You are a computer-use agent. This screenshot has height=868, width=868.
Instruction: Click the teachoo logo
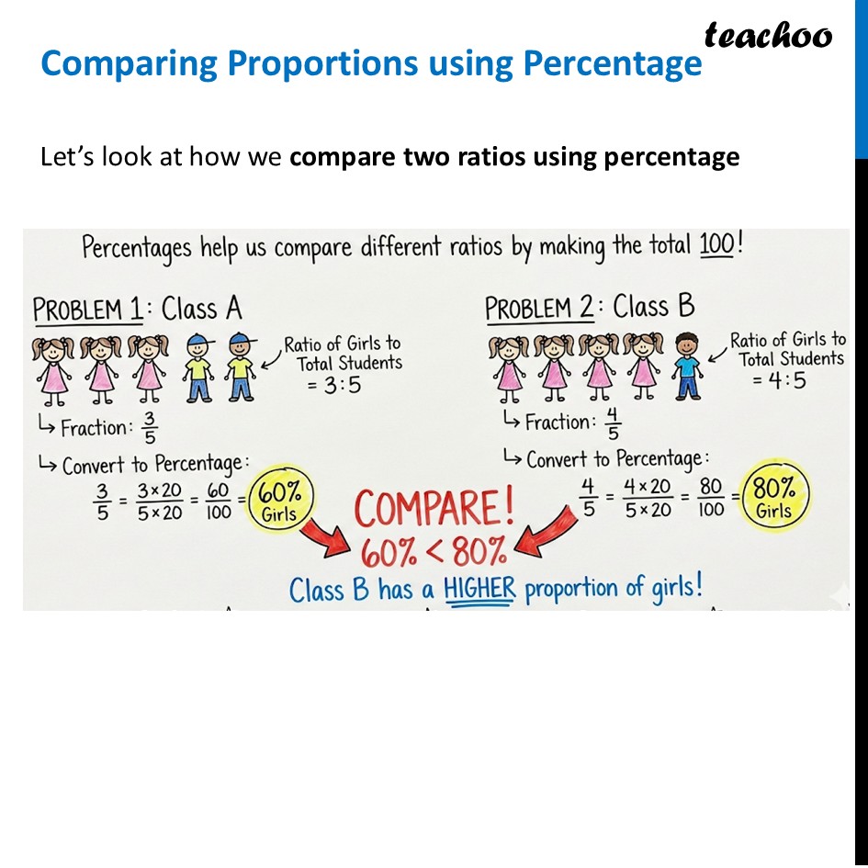(768, 35)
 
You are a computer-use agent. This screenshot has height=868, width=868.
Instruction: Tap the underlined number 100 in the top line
(717, 247)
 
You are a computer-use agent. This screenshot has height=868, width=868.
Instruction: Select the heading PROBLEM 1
(88, 310)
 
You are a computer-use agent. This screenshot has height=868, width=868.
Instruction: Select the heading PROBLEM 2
(540, 307)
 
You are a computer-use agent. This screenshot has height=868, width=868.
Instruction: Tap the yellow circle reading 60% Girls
(280, 502)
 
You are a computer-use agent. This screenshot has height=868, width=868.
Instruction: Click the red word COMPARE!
(434, 509)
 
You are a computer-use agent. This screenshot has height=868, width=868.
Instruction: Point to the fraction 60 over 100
(218, 501)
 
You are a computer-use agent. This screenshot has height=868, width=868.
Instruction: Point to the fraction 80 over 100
(711, 497)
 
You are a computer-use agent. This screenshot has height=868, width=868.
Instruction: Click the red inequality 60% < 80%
(434, 552)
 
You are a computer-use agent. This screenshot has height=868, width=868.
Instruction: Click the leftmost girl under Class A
(54, 368)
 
